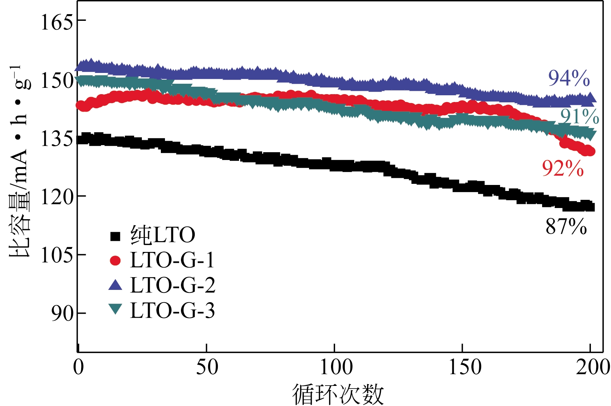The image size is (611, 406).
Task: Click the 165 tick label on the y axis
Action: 57,22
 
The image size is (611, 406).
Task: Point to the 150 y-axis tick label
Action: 57,80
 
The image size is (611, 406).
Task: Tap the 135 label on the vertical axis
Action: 57,139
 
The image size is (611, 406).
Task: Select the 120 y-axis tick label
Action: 57,197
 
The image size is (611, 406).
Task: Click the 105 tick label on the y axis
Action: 57,255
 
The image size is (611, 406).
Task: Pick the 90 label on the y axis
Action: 62,313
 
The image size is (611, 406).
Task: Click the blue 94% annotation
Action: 569,78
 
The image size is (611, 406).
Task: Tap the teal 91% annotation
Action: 579,116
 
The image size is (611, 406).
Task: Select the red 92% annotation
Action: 563,168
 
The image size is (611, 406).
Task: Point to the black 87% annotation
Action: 566,226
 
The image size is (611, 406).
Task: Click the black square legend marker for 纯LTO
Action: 115,236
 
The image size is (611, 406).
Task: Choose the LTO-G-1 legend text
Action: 172,260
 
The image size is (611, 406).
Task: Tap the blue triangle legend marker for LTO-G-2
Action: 115,285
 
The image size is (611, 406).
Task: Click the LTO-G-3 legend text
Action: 172,310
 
